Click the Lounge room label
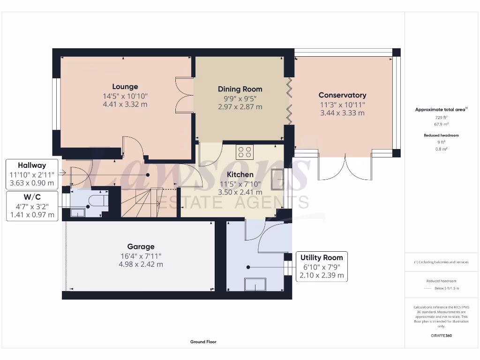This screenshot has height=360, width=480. tap(125, 87)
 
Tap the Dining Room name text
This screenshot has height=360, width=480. tap(240, 89)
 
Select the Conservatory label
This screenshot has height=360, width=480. tap(342, 95)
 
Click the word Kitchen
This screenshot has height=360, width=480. tap(240, 174)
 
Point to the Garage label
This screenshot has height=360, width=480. tap(141, 247)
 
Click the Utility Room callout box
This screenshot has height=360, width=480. tap(322, 267)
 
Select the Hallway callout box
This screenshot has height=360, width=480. tap(32, 174)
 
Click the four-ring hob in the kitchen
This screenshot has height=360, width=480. tap(245, 152)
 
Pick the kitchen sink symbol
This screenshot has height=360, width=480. tap(277, 179)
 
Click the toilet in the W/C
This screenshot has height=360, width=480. tap(98, 201)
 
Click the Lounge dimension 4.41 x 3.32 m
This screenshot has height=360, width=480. tap(125, 104)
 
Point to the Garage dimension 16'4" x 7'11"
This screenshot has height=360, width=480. tap(141, 256)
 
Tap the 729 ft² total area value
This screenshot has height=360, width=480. tap(440, 117)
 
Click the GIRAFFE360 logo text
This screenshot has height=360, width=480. tap(441, 336)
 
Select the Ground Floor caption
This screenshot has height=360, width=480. tap(203, 342)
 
